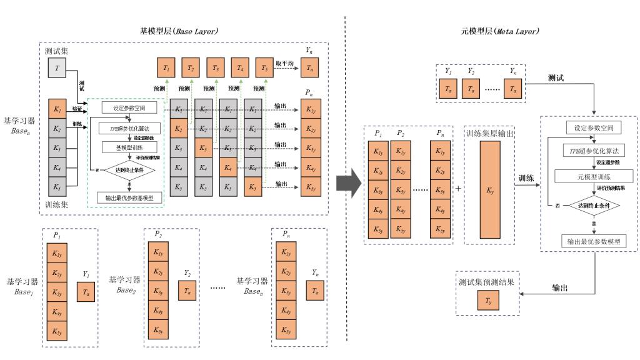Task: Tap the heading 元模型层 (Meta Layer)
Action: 499,31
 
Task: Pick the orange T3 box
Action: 216,67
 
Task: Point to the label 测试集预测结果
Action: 486,282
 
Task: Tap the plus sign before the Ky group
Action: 458,188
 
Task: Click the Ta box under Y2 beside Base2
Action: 187,291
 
